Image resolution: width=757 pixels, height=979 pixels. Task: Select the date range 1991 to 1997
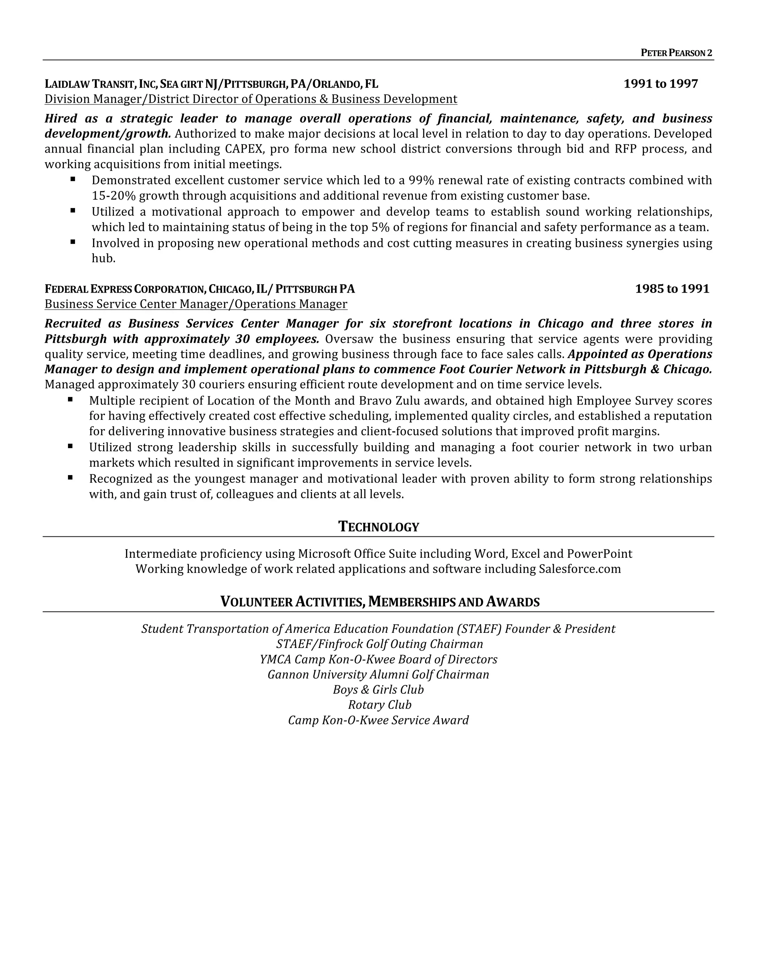tap(661, 84)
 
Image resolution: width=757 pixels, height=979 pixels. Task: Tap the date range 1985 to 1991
tap(672, 289)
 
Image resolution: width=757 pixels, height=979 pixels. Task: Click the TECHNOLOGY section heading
tap(378, 527)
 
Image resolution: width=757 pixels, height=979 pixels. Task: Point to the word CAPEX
tap(244, 149)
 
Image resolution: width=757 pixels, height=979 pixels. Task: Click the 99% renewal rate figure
tap(421, 180)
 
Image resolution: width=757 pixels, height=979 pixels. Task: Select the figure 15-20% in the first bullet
tap(114, 196)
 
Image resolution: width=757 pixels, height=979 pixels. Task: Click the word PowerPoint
tap(599, 554)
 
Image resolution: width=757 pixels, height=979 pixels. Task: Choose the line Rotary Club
tap(379, 705)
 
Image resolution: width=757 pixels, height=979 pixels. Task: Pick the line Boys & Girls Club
tap(378, 689)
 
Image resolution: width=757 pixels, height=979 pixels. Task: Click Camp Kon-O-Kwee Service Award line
tap(378, 720)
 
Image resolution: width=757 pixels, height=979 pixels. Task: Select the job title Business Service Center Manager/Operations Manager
tap(196, 304)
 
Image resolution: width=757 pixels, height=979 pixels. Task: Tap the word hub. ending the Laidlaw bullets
tap(103, 259)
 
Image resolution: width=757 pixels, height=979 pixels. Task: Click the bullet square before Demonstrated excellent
tap(73, 179)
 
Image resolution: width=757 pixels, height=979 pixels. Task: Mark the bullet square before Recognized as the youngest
tap(70, 478)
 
